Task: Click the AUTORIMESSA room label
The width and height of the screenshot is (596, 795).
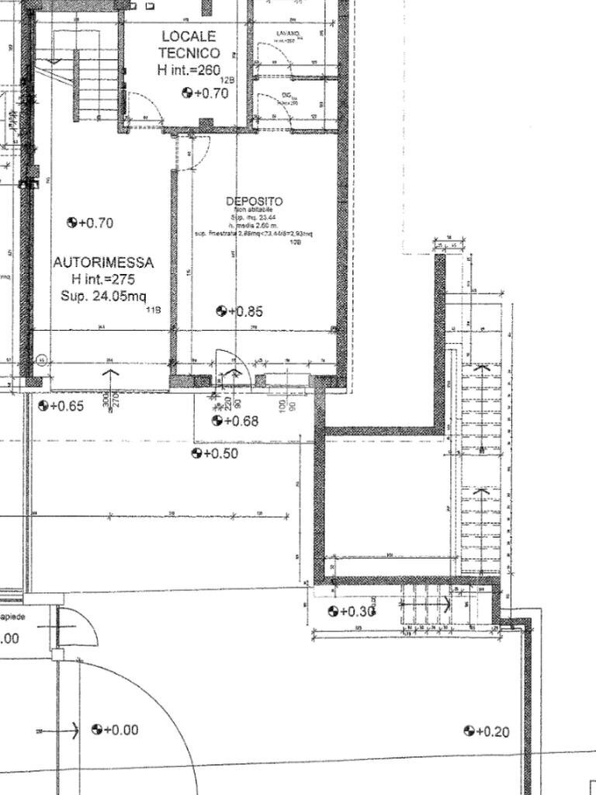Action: pos(103,262)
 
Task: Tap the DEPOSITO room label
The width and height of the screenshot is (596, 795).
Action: pos(254,201)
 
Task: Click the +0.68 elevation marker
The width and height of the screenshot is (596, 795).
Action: pos(235,421)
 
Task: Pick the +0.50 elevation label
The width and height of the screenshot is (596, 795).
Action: pos(215,453)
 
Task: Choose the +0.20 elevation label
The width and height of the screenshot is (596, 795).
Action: pos(487,731)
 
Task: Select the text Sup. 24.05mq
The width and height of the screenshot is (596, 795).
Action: pos(103,296)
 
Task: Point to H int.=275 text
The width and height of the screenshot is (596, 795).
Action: pos(103,279)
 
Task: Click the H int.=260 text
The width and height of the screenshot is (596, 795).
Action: pos(189,70)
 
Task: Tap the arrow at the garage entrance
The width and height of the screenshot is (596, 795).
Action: pos(110,380)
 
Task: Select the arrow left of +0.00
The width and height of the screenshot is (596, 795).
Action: pos(67,731)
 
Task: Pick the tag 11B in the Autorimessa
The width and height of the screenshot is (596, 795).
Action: pos(154,311)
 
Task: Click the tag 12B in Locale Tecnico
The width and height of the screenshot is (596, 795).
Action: pos(227,81)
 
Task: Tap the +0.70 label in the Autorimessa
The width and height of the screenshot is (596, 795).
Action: pos(91,223)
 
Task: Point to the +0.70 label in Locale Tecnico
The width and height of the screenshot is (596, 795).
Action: pos(206,93)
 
